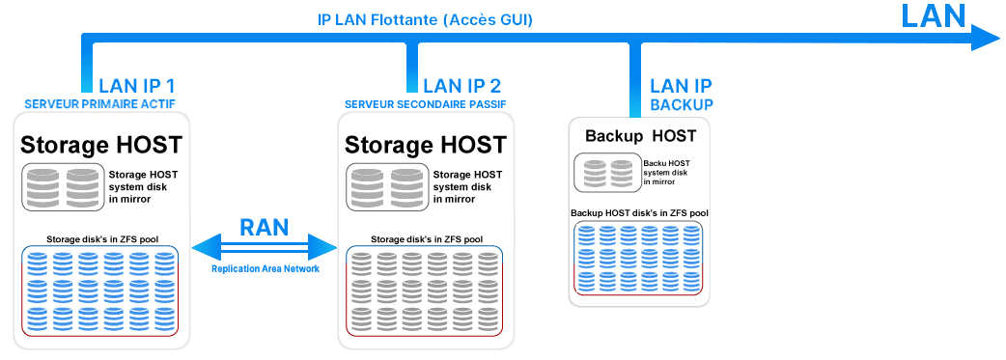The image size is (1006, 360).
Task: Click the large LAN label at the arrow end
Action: point(934,16)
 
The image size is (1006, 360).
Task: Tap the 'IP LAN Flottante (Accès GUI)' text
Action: point(426,20)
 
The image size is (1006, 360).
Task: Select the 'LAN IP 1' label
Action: point(137,86)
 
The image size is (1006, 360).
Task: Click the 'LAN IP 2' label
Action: point(461,86)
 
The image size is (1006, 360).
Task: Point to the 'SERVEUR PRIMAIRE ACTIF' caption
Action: point(99,104)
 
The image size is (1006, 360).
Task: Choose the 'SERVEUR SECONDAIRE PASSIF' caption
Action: point(426,104)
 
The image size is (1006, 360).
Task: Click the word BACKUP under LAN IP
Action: point(682,105)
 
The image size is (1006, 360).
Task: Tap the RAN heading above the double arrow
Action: point(265,227)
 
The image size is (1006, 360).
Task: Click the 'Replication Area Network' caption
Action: point(265,269)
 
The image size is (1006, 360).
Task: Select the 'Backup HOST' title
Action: point(640,136)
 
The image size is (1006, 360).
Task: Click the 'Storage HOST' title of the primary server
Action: point(101,145)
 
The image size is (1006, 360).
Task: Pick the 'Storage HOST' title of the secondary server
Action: point(426,145)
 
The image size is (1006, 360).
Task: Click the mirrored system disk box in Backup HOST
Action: point(607,172)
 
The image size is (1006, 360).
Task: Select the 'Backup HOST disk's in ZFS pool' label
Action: point(639,213)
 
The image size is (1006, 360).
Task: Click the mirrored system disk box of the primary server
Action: point(63,186)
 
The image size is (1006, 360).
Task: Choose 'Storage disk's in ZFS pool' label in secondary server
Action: point(427,239)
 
